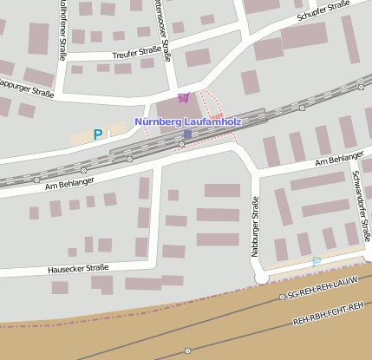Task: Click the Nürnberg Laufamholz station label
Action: (187, 122)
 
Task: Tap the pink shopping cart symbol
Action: (182, 97)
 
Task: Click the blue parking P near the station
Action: (98, 134)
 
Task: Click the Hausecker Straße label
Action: (78, 269)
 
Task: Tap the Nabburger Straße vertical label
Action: (256, 223)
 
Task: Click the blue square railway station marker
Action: (187, 134)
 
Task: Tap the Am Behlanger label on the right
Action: (339, 161)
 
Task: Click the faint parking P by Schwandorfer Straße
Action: (317, 262)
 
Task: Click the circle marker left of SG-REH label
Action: (283, 297)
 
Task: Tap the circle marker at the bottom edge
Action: (187, 351)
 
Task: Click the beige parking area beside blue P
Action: (87, 137)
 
